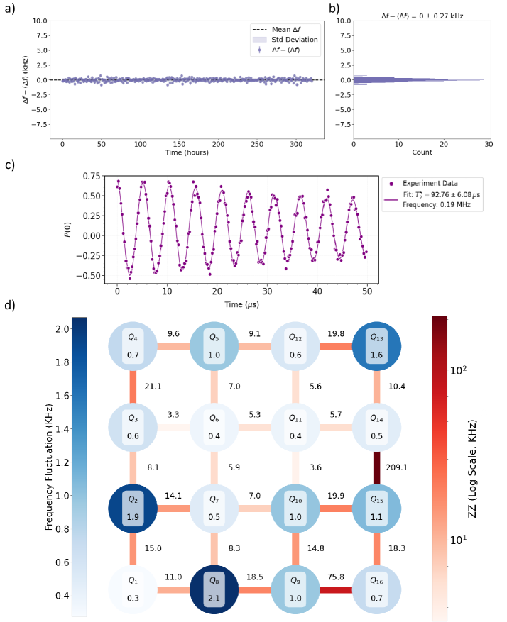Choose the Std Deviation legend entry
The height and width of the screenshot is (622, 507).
283,39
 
